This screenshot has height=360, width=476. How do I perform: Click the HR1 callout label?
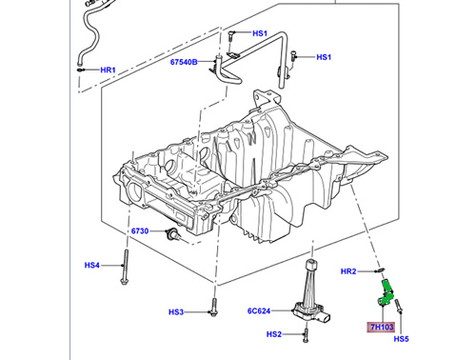(108, 70)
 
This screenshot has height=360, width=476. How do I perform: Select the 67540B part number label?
(184, 62)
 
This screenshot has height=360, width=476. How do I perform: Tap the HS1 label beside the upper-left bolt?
(260, 33)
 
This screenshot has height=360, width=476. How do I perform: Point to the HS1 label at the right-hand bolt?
(324, 57)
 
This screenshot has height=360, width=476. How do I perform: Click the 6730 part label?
(140, 230)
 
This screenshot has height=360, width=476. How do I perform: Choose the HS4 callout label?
(92, 265)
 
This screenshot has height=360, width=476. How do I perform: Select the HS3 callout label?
(176, 312)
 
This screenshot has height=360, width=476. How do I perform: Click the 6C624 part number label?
(259, 311)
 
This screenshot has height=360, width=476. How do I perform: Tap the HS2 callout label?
(274, 334)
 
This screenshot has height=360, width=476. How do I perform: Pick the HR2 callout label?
(348, 271)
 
